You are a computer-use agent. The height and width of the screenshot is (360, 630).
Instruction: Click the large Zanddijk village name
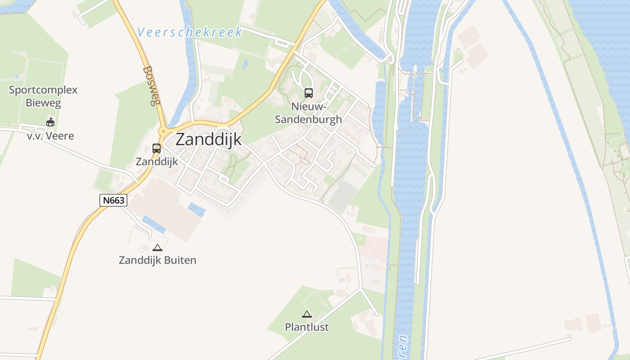point(208,139)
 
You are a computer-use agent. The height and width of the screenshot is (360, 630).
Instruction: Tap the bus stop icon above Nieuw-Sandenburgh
point(309,93)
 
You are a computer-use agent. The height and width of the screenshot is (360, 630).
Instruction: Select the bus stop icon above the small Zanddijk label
point(157,148)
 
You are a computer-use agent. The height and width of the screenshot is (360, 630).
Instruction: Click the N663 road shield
point(113,200)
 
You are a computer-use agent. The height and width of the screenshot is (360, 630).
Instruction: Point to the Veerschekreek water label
point(190,32)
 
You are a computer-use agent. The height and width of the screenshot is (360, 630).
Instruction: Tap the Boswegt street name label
point(151,85)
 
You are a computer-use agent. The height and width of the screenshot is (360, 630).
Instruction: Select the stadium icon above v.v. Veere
point(50,122)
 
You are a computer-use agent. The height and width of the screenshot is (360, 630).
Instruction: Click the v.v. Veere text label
point(50,136)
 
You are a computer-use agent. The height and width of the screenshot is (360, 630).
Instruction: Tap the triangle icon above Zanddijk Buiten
point(157,247)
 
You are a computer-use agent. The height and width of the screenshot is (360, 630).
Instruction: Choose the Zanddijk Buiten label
point(157,260)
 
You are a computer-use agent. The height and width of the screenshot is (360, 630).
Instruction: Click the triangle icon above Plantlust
point(307,314)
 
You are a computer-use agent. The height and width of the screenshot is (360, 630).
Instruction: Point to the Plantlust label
point(307,327)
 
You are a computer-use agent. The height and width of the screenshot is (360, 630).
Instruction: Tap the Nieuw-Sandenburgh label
point(309,113)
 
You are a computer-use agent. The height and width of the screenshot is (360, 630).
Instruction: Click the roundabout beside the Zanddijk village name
point(163,131)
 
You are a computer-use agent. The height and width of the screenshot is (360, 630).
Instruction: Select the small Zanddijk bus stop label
point(157,162)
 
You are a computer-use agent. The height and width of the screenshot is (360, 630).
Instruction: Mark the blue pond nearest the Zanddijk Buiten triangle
point(153,224)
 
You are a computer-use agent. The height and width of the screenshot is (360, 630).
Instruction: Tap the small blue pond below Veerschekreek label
point(245,64)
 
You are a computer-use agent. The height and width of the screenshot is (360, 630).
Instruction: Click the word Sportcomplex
point(43,90)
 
